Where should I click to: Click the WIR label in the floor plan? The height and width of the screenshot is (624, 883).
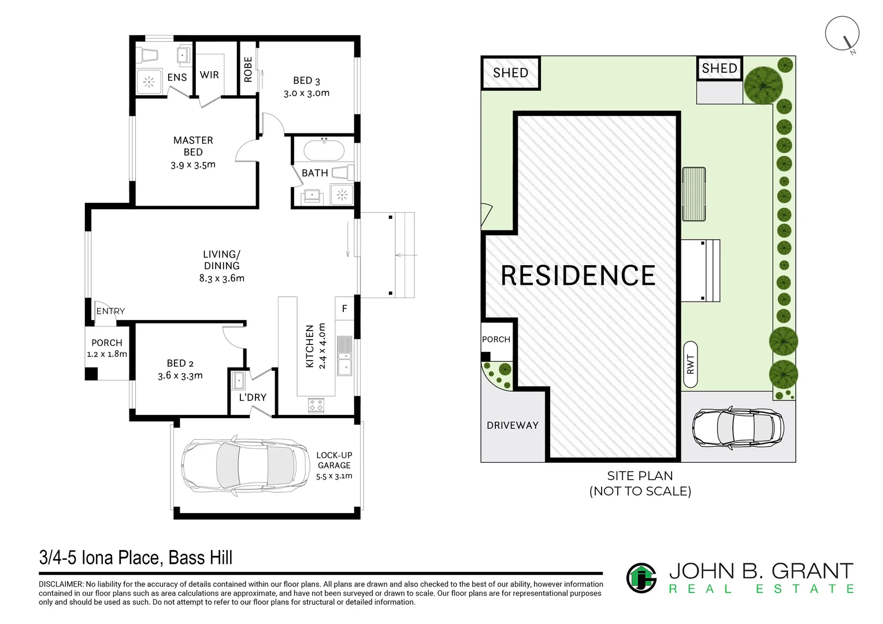pos(209,75)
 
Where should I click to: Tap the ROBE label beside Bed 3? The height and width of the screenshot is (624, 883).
pos(248,69)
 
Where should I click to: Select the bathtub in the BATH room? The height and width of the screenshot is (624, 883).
pos(324,151)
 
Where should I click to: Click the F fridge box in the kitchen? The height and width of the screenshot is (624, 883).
pos(344,309)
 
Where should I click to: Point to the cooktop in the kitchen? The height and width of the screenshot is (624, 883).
pos(316,405)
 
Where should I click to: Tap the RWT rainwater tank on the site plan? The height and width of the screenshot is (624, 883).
pos(690,365)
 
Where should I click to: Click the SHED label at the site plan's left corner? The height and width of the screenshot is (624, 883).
pos(510,73)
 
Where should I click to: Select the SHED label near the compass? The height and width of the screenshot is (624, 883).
pos(719,69)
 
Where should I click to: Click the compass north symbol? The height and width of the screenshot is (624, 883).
pos(843,35)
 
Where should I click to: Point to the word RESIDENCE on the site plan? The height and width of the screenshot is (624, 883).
pos(578,276)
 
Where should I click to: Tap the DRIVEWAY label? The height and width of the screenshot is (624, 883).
pos(513,425)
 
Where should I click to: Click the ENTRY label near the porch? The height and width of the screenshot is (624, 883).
pos(110,311)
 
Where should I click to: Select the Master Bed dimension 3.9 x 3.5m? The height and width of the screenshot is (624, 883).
pos(193,165)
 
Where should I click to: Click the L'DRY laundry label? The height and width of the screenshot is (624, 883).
pos(253,398)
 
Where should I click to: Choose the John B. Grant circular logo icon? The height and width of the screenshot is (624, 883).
pos(641,578)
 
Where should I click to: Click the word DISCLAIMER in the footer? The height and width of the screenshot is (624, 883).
pos(61,585)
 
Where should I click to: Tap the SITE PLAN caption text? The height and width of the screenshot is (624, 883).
pos(640,476)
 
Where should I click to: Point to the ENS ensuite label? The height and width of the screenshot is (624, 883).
pos(177,77)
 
